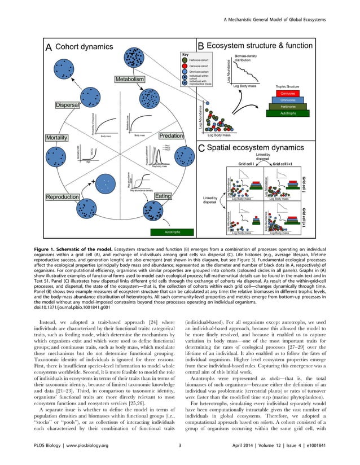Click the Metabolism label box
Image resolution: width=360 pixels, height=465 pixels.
click(x=130, y=81)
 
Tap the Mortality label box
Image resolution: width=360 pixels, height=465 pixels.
click(x=60, y=138)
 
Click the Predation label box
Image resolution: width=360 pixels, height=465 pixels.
click(x=170, y=136)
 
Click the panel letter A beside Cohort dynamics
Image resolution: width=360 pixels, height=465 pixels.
click(x=49, y=47)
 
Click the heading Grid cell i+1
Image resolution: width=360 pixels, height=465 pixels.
click(x=287, y=165)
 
